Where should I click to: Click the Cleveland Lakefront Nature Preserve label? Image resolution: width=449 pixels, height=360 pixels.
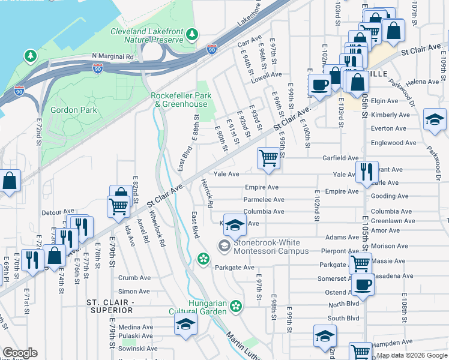146,35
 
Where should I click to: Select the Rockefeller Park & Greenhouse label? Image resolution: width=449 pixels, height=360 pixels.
179,100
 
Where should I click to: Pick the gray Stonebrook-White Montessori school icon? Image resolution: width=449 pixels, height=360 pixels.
224,245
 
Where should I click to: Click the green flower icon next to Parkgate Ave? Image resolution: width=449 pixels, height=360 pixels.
203,259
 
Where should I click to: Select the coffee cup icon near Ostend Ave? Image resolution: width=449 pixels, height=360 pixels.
364,284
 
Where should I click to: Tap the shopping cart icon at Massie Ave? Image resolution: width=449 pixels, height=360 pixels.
360,263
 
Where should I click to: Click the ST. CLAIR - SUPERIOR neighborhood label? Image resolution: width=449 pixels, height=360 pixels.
109,305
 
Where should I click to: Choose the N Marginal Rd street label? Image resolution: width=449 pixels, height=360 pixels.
112,56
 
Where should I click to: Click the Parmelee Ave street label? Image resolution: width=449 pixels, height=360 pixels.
264,199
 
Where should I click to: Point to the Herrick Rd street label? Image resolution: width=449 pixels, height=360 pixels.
207,193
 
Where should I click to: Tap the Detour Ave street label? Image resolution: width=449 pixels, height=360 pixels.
58,213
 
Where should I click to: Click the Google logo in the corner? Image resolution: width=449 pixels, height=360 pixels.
20,353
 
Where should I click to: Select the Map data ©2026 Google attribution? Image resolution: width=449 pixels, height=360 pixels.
412,355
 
